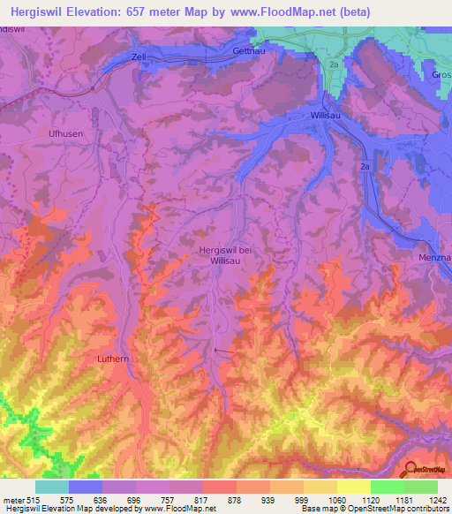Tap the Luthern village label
pyautogui.click(x=113, y=359)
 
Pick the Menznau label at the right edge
pyautogui.click(x=434, y=258)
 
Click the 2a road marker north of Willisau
pyautogui.click(x=334, y=64)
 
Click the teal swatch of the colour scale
pyautogui.click(x=52, y=487)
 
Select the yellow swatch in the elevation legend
pyautogui.click(x=354, y=487)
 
